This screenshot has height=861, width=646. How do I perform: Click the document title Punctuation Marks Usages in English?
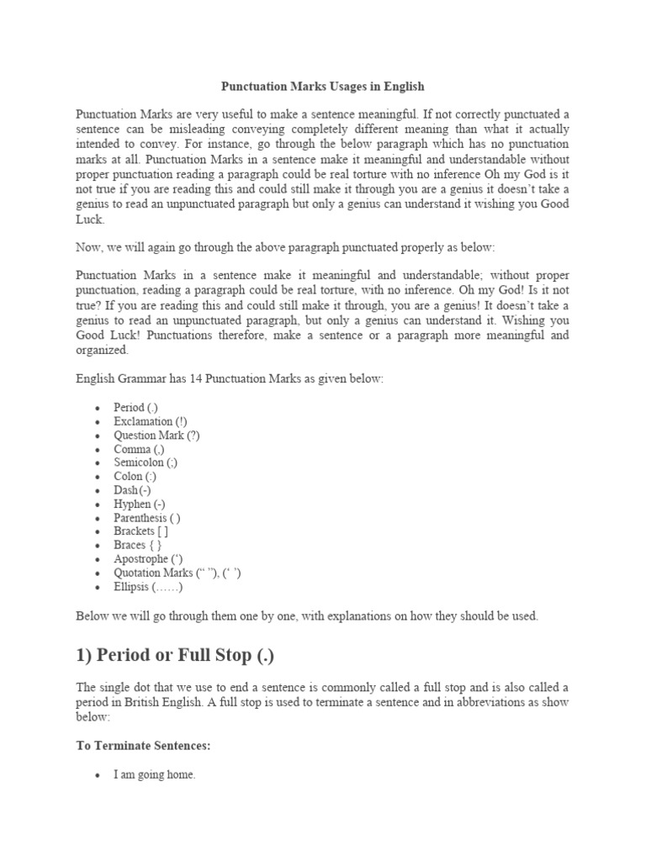click(x=322, y=87)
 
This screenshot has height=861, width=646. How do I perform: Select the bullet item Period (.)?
click(x=135, y=408)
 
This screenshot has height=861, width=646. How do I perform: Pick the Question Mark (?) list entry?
click(x=156, y=436)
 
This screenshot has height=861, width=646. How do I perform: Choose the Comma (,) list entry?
click(x=140, y=449)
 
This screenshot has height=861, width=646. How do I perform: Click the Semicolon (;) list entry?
click(x=146, y=462)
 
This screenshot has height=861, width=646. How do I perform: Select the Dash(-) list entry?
click(x=132, y=490)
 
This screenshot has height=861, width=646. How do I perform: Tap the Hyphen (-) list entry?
click(x=139, y=504)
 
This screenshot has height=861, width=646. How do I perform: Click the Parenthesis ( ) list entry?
click(x=146, y=518)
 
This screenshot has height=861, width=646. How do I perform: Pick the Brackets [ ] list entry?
click(x=140, y=531)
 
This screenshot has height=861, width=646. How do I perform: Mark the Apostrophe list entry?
click(x=149, y=558)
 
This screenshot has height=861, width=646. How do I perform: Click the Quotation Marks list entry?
click(x=177, y=573)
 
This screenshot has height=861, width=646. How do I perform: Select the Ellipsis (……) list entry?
click(x=146, y=586)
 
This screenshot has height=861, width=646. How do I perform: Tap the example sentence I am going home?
click(x=154, y=775)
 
